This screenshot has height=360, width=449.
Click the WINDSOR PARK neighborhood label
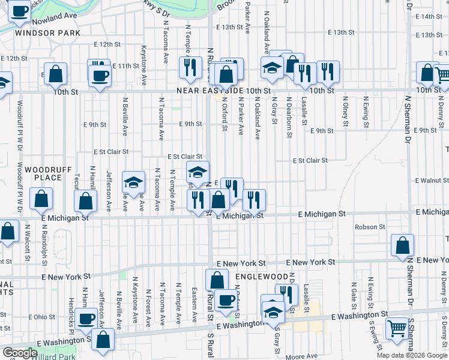(x=40, y=32)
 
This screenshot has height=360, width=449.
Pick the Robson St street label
(x=370, y=227)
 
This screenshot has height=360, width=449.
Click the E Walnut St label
(x=432, y=180)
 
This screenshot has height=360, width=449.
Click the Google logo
(x=19, y=353)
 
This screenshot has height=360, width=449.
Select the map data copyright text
(x=412, y=355)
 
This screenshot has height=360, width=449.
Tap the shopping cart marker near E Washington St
(x=397, y=328)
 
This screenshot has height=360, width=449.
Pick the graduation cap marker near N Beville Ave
(x=133, y=181)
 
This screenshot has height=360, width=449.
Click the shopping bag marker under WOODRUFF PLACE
(x=41, y=198)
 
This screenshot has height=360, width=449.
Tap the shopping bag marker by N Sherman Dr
(x=402, y=244)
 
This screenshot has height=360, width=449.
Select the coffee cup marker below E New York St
(x=226, y=300)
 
